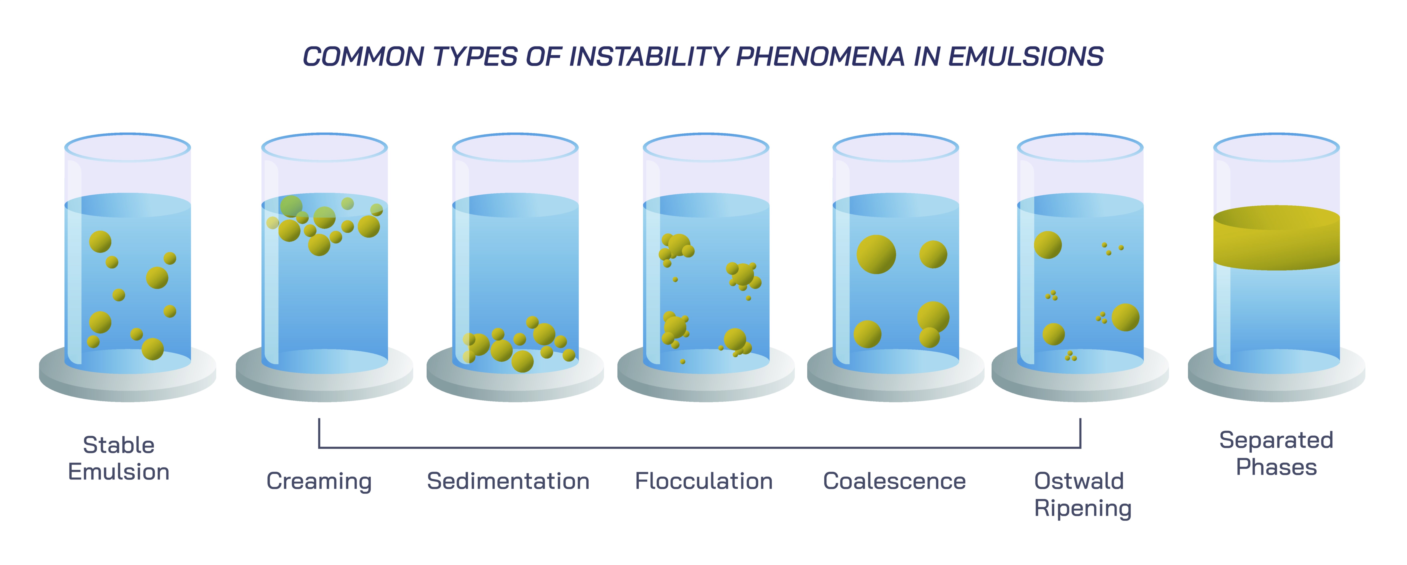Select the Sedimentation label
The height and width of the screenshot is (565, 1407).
tap(508, 481)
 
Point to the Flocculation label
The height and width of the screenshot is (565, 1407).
tap(703, 481)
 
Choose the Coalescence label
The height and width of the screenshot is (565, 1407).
tap(894, 481)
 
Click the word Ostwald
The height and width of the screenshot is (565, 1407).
tap(1079, 481)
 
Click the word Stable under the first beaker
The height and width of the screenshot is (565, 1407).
tap(119, 445)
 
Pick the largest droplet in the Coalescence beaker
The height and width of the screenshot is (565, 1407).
tap(876, 254)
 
